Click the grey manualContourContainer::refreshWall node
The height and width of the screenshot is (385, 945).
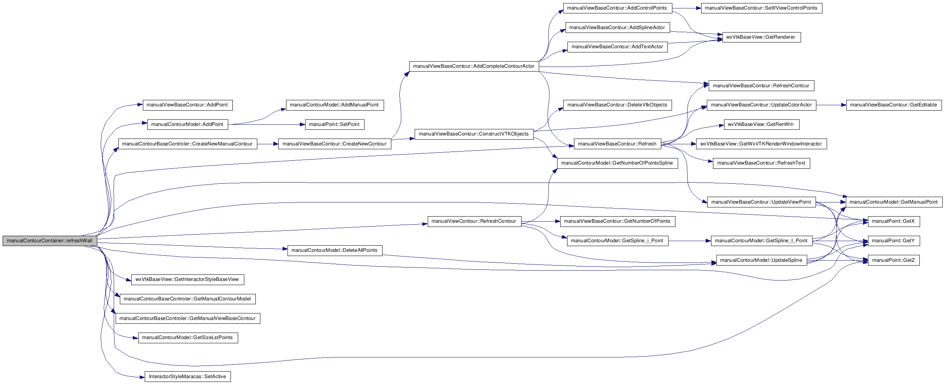coord(50,241)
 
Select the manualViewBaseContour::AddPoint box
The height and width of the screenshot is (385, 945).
coord(187,105)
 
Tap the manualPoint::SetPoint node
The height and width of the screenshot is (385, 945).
coord(334,124)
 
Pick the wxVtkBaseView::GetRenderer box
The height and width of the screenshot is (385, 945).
coord(761,37)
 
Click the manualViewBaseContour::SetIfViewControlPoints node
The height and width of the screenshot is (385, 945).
coord(761,8)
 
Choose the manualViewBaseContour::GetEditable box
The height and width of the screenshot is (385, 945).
coord(893,105)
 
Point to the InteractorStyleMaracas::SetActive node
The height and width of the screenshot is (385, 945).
coord(188,377)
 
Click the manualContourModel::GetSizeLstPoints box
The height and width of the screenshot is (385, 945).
coord(188,338)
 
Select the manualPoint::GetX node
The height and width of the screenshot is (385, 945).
coord(893,221)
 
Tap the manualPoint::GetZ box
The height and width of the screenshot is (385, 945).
coord(893,260)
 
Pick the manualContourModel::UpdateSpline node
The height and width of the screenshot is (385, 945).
coord(761,260)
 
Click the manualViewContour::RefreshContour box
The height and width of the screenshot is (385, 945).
coord(474,221)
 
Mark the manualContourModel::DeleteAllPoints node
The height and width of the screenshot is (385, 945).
coord(335,250)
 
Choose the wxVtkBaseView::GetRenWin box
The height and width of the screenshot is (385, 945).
coord(761,124)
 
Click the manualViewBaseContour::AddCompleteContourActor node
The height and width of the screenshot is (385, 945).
coord(474,66)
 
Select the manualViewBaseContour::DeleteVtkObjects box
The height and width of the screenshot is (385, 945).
coord(617,105)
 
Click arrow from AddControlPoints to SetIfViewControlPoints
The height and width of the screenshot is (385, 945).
coord(686,8)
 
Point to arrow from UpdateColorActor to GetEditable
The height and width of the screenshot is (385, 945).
coord(831,105)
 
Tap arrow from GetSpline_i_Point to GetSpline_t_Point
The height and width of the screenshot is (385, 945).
coord(689,241)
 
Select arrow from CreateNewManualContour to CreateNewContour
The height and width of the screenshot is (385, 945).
coord(268,144)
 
